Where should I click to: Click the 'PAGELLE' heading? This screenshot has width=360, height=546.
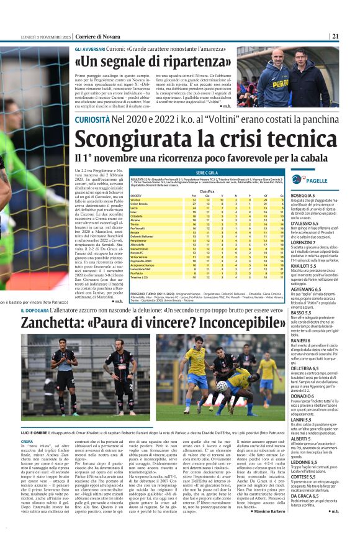317,180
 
